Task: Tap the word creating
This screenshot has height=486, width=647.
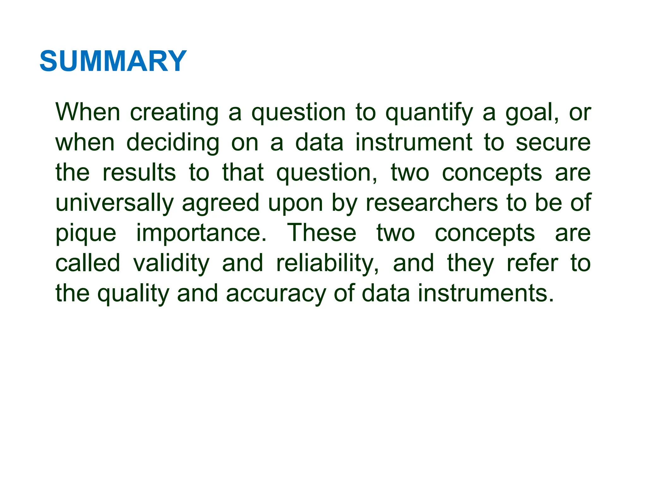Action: click(174, 113)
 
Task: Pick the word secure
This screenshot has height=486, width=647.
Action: click(553, 143)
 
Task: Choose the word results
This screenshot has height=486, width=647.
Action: click(139, 173)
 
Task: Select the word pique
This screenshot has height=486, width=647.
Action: click(86, 234)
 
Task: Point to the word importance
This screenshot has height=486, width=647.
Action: click(201, 234)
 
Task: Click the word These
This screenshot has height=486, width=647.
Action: click(322, 233)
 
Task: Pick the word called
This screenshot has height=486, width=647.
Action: click(88, 263)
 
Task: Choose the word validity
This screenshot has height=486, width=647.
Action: click(171, 263)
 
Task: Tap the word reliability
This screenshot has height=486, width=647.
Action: click(327, 263)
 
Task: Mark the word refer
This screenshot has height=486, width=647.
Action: click(532, 263)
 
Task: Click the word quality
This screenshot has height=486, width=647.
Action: click(133, 294)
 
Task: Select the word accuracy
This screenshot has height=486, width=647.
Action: click(276, 294)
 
